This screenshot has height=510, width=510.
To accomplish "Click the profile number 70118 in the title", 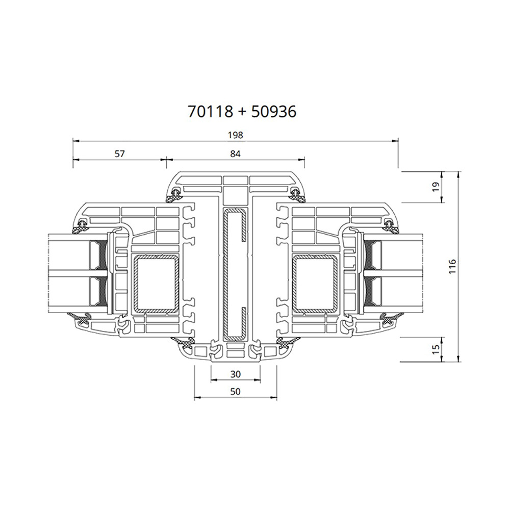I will point(210,111).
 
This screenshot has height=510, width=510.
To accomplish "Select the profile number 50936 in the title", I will point(273,111).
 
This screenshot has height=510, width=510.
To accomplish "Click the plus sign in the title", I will point(242,112).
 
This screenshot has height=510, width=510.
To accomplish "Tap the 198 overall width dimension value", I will point(235,135).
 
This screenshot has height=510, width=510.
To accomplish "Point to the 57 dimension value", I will point(119,154).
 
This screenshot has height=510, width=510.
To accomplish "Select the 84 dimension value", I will point(234,154).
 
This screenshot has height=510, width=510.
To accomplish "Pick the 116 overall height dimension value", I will point(453,267).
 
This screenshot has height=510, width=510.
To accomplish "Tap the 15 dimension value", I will point(435,349).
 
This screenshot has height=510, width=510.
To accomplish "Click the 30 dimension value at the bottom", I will point(235,374).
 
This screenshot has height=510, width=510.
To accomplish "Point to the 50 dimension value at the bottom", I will point(235,392).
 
